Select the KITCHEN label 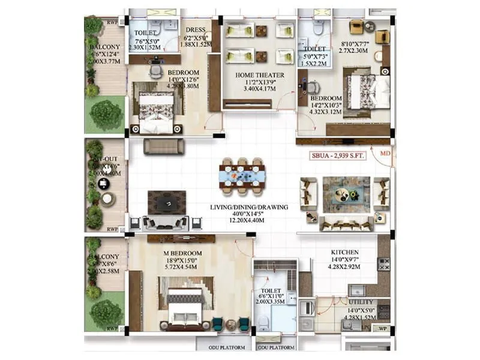(345, 252)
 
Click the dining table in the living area (242, 176)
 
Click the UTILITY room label (361, 302)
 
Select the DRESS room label (196, 29)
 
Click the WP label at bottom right (382, 328)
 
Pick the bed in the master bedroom (185, 306)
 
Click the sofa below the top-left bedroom (164, 146)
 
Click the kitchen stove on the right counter (383, 264)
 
